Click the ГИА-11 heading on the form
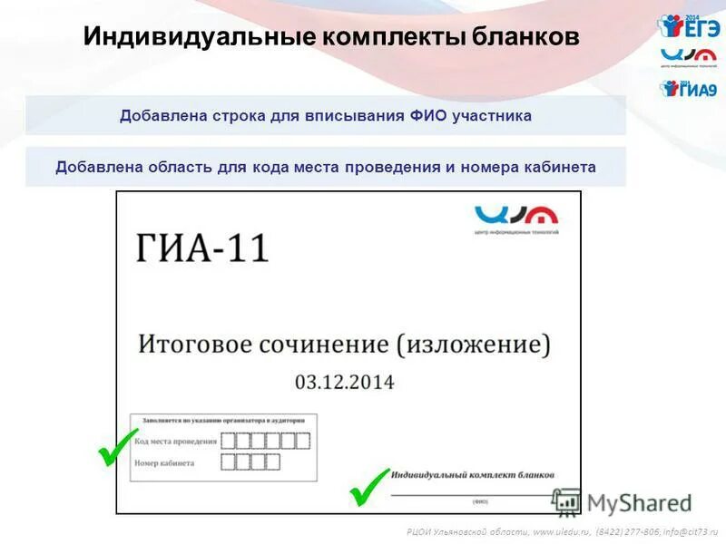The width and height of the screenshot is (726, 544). [203, 248]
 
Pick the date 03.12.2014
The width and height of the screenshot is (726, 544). [345, 382]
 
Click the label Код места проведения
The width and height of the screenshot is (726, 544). [175, 442]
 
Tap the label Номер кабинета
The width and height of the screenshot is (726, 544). [164, 462]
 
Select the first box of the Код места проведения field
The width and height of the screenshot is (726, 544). [230, 442]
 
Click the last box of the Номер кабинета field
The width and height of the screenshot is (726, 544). [272, 462]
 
